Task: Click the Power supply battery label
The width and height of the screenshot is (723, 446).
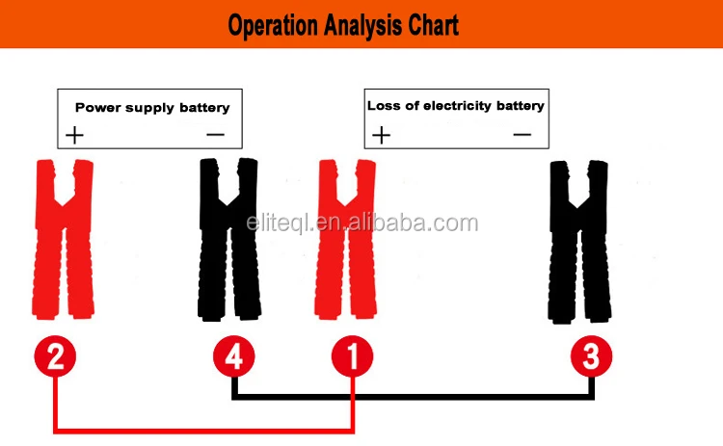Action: [152, 107]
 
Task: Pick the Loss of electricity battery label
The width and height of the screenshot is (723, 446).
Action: [455, 105]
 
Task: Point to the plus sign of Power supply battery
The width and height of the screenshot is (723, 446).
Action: [74, 135]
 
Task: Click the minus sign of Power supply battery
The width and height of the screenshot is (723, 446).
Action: [215, 134]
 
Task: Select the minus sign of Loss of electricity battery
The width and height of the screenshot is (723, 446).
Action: [522, 134]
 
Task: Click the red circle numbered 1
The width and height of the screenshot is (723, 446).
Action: [353, 357]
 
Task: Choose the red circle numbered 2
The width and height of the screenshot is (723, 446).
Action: [56, 357]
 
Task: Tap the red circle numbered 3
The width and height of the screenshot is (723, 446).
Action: [591, 357]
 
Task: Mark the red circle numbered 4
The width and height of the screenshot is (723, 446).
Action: [234, 357]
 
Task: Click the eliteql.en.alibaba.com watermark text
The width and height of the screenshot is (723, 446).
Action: [361, 224]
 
